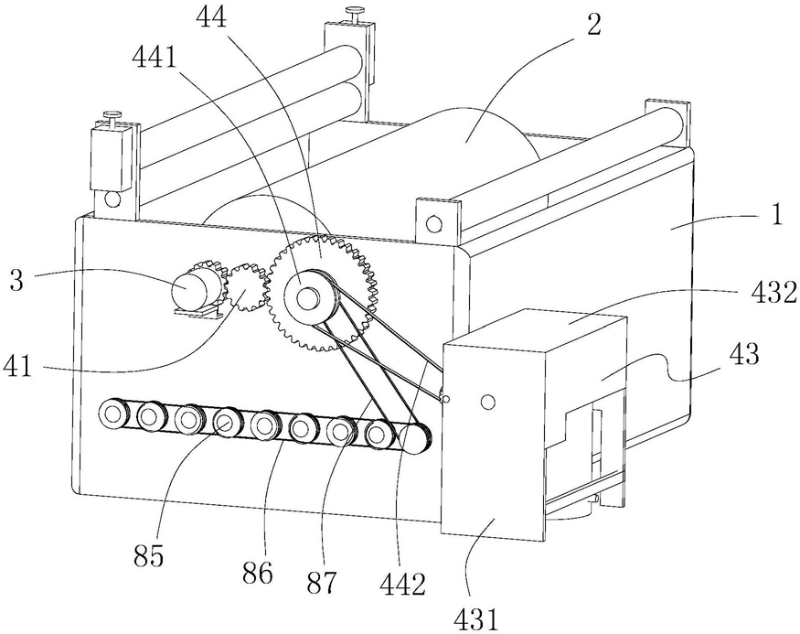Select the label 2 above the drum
[593, 25]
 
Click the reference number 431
[475, 619]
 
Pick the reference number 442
[403, 584]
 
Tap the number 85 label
[149, 557]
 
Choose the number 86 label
[258, 574]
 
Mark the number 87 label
[323, 582]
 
